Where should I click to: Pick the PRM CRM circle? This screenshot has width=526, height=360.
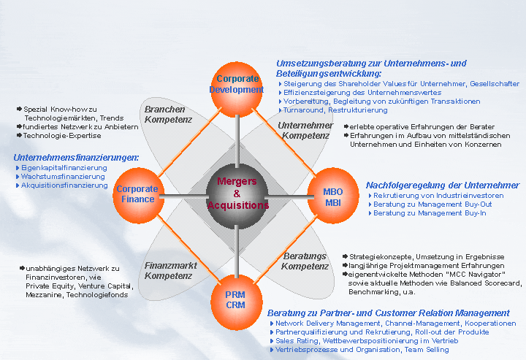tap(235, 299)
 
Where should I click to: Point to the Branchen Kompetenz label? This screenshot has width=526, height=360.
tap(168, 114)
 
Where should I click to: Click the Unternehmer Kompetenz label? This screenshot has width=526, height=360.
tap(305, 130)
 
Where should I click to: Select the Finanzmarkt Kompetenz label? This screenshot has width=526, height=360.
tap(170, 270)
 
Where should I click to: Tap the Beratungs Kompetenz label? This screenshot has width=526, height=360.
tap(305, 261)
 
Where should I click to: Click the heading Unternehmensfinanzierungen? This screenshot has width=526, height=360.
tap(76, 157)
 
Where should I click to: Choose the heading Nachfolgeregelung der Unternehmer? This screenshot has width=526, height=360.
tap(443, 185)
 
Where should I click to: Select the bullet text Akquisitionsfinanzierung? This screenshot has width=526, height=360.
tap(64, 185)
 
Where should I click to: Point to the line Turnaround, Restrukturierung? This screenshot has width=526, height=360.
tap(326, 110)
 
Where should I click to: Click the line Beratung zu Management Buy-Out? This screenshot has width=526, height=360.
tap(422, 204)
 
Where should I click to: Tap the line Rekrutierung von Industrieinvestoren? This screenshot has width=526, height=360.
tap(438, 196)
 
